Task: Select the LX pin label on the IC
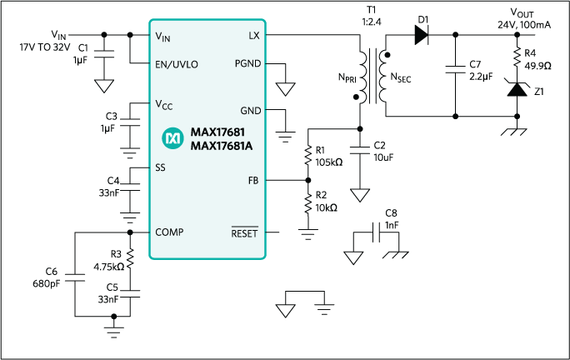click(x=253, y=36)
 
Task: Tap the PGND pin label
click(x=247, y=64)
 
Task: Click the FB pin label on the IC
click(x=253, y=180)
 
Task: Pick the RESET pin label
click(x=245, y=232)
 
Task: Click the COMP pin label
click(x=170, y=232)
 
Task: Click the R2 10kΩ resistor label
click(x=327, y=201)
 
